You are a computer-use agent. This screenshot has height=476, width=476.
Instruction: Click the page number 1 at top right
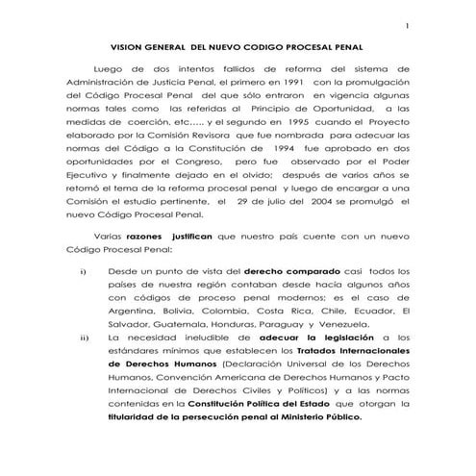point(408,25)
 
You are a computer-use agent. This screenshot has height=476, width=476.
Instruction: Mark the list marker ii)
point(85,338)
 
